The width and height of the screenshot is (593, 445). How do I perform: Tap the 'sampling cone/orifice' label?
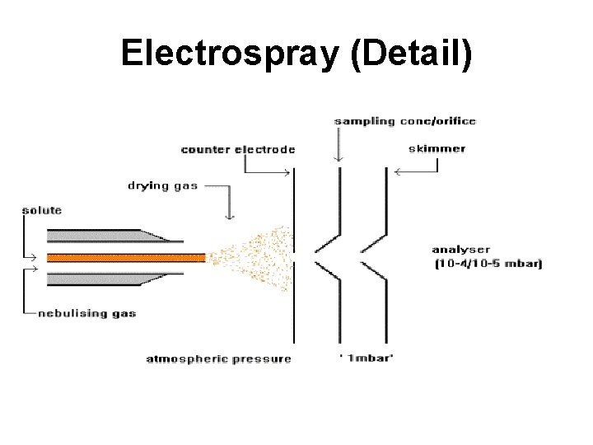click(x=404, y=121)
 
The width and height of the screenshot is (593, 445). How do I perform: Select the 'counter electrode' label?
click(x=237, y=149)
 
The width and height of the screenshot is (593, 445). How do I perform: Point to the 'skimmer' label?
click(x=437, y=149)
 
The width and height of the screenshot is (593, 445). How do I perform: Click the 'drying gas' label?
click(x=162, y=185)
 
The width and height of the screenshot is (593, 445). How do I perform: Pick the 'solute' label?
click(x=41, y=210)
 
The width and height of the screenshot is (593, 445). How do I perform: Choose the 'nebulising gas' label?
click(x=86, y=313)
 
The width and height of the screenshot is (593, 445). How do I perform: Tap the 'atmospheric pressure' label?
click(x=218, y=358)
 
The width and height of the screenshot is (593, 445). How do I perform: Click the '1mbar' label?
click(x=366, y=358)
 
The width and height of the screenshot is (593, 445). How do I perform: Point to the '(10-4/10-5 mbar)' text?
click(x=488, y=264)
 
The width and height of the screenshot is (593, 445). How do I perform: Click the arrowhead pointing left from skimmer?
click(x=397, y=172)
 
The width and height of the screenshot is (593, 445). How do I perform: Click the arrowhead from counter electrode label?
click(x=287, y=172)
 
